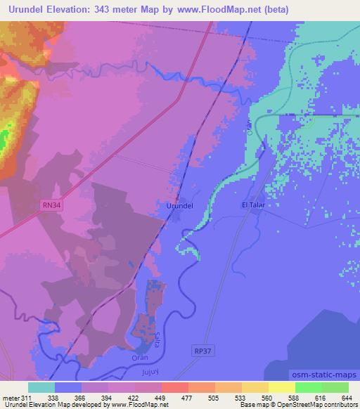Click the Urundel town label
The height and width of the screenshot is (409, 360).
(x=179, y=206)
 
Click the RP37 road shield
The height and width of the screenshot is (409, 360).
(x=200, y=349)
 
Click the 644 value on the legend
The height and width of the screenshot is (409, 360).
(x=347, y=397)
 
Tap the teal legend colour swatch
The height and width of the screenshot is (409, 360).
(x=41, y=387)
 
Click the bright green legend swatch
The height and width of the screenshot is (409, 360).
(x=308, y=387)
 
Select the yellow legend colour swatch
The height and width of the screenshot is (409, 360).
(x=281, y=387)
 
